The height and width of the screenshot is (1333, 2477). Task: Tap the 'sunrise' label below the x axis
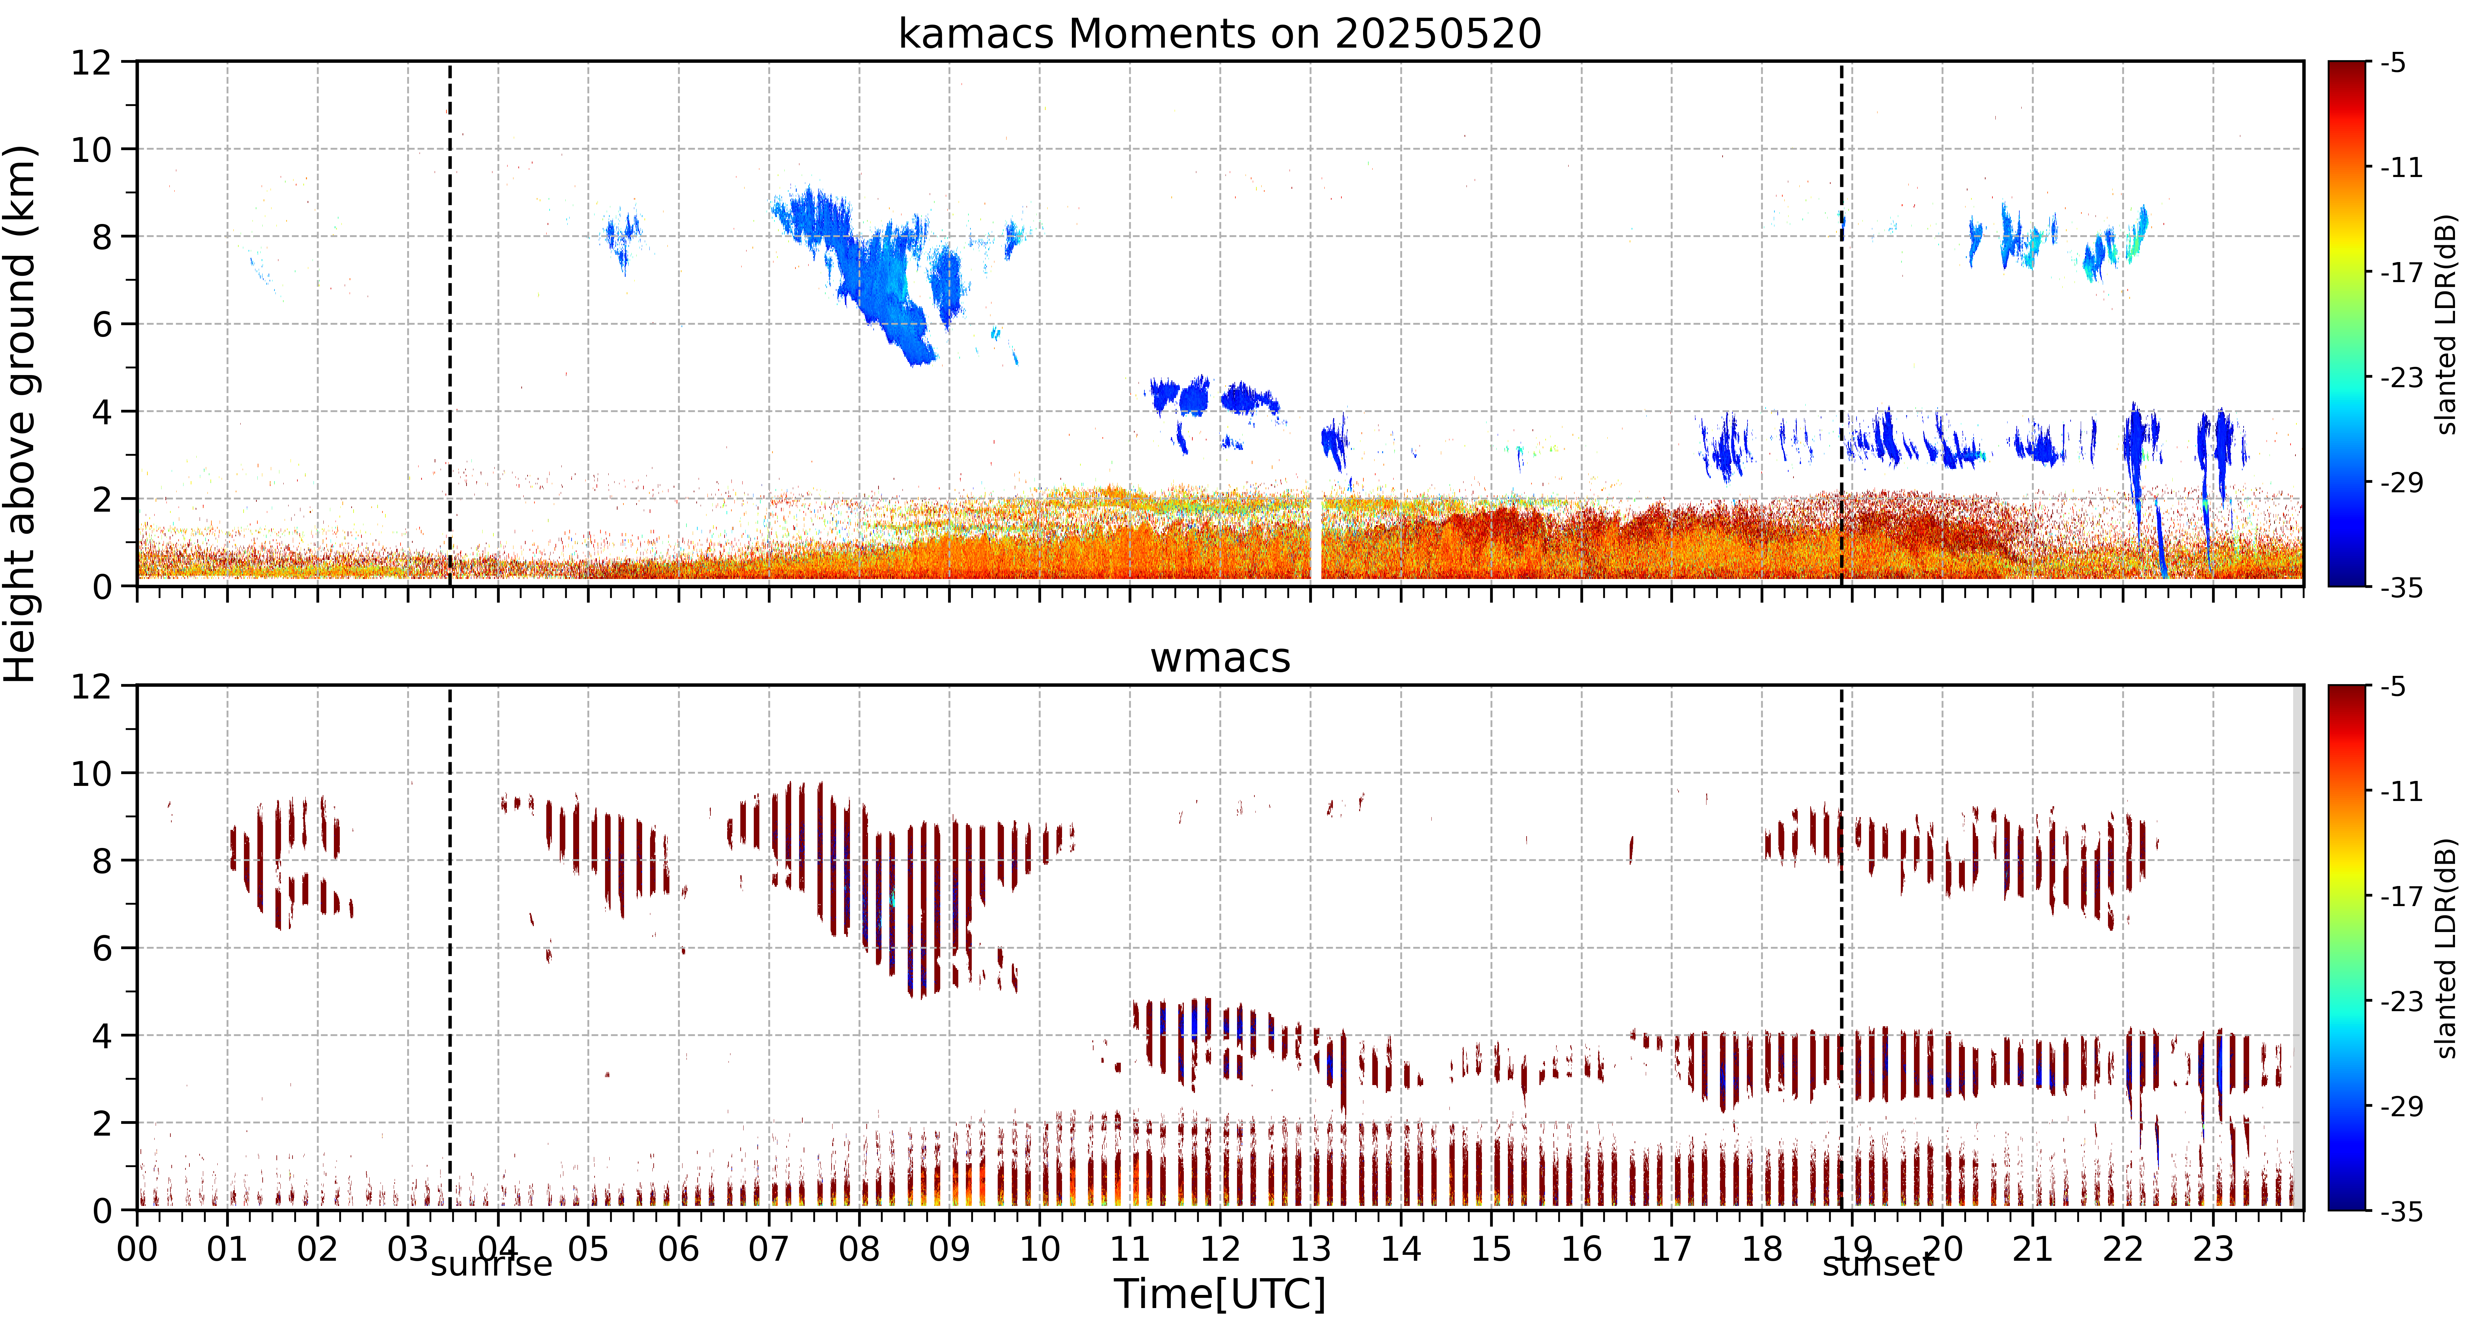[x=491, y=1264]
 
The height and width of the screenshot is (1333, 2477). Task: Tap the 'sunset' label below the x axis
[x=1878, y=1264]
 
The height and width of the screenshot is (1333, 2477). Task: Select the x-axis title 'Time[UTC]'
[x=1219, y=1295]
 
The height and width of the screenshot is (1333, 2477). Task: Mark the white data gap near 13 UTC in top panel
[x=1316, y=539]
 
